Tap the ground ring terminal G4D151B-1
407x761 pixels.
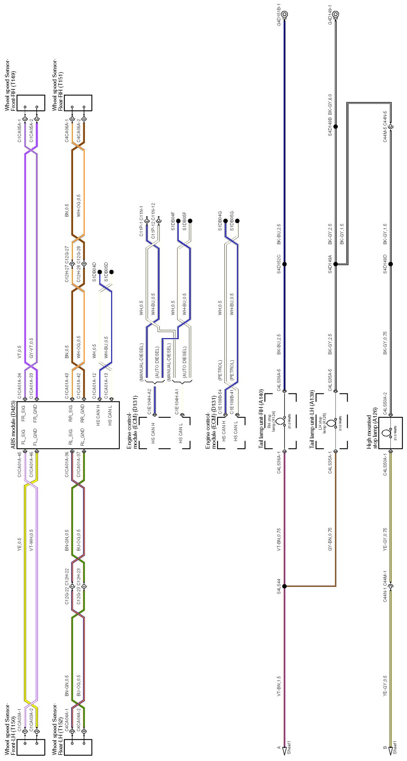[285, 14]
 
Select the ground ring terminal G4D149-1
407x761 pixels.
[335, 14]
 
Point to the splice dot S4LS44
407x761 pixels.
[285, 586]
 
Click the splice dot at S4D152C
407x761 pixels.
[285, 264]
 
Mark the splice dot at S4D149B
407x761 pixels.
[335, 126]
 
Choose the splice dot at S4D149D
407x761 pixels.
[391, 264]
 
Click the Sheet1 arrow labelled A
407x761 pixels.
[285, 751]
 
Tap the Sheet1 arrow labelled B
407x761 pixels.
[391, 751]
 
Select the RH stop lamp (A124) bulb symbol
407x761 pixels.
[280, 422]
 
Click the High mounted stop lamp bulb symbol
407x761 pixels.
[386, 433]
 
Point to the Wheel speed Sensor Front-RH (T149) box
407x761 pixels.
[31, 103]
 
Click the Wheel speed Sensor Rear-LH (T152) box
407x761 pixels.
[78, 747]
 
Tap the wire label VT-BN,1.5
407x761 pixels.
[279, 686]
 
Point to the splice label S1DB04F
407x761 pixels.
[173, 221]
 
